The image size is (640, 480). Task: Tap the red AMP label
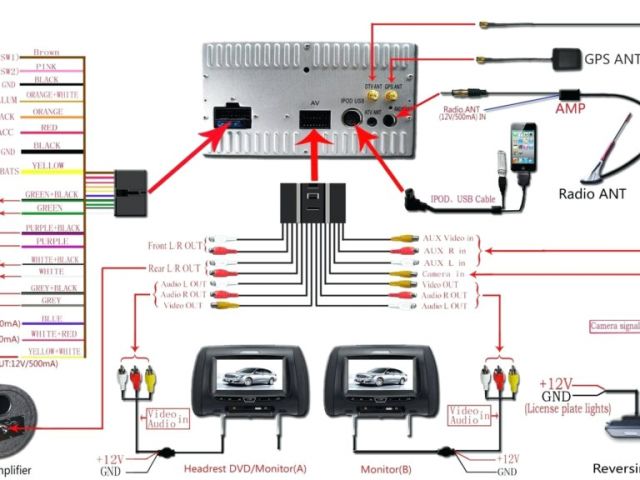pos(570,108)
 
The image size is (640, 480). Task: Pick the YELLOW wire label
pos(49,165)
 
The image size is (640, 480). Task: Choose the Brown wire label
pos(46,52)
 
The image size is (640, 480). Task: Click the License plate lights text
pos(567,408)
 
